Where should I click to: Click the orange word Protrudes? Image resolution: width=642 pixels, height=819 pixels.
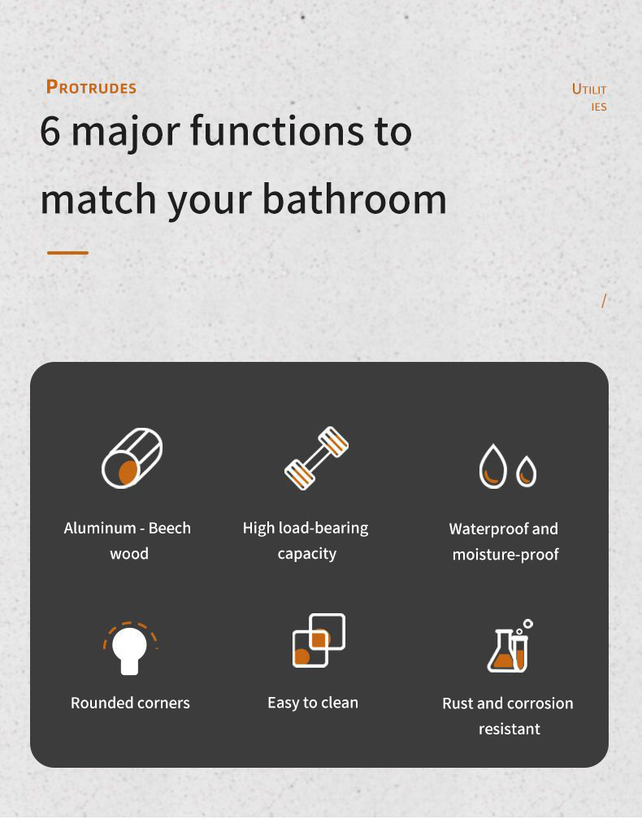coord(91,87)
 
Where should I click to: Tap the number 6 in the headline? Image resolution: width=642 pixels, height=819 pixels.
coord(50,131)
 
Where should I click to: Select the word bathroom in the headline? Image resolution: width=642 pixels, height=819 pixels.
coord(354,199)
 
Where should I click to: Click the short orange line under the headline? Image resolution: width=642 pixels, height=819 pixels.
coord(67,253)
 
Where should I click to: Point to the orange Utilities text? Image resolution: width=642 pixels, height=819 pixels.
coord(590,97)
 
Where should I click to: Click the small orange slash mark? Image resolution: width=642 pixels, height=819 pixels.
coord(604,301)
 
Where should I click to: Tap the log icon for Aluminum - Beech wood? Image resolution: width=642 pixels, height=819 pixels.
coord(132,458)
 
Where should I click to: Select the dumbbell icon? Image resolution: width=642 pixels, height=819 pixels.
coord(316,458)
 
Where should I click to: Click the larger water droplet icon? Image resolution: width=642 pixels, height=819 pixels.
coord(492,466)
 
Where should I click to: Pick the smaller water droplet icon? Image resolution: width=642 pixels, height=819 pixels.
coord(526,472)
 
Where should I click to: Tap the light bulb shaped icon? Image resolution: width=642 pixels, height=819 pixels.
coord(130,648)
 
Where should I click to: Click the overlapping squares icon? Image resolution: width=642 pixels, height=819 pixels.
coord(319,640)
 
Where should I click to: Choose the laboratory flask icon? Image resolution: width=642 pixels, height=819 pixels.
coord(510,646)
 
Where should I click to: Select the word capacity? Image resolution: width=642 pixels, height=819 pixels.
coord(307,554)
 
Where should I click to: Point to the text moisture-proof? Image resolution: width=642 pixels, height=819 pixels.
coord(505,554)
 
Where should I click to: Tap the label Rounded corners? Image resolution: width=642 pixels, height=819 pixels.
coord(131,703)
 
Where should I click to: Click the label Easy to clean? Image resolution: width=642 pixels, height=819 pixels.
coord(313,703)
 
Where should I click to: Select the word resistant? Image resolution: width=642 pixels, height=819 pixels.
coord(510,729)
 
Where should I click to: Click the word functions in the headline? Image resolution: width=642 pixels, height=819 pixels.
coord(276,131)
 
